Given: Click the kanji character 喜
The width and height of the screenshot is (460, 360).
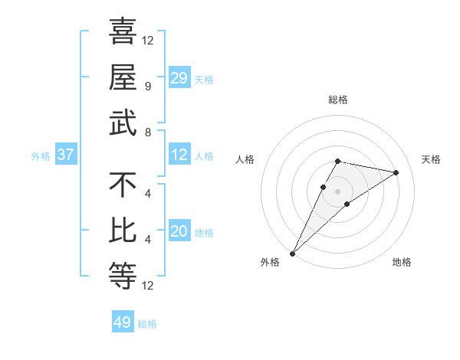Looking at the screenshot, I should (x=123, y=33).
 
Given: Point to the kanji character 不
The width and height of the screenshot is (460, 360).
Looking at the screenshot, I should (x=123, y=186).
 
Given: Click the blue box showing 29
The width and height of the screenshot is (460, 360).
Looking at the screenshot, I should (x=179, y=77).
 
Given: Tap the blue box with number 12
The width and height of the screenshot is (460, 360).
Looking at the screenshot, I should (x=179, y=155).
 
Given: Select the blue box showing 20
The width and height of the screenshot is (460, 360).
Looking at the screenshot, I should (x=179, y=231).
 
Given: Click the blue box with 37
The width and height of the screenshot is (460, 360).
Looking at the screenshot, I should (x=66, y=155).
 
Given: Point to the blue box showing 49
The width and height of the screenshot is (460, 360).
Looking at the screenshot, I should (x=123, y=322).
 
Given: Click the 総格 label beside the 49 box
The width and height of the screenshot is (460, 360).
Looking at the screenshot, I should (x=147, y=324).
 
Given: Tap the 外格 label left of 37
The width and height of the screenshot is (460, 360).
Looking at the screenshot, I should (x=41, y=155).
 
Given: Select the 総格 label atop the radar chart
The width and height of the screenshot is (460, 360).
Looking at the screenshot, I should (x=337, y=100).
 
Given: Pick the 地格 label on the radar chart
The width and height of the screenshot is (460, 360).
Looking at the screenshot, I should (x=402, y=262).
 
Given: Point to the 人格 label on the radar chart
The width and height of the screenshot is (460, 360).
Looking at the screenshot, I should (x=245, y=159).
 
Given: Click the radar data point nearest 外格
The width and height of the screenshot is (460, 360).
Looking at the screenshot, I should (x=292, y=253).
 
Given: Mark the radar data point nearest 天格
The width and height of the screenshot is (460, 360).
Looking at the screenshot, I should (x=396, y=172).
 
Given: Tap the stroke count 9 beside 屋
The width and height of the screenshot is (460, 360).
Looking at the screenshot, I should (x=147, y=87).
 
